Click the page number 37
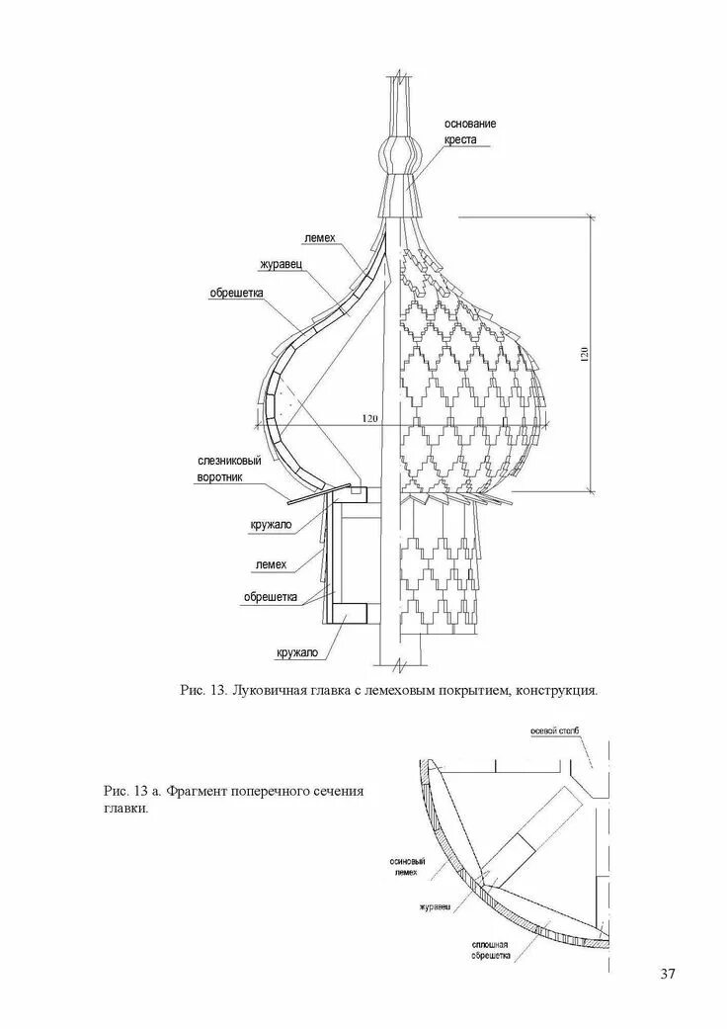tap(668, 975)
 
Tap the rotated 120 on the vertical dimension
tap(584, 353)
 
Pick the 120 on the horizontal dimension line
tap(369, 418)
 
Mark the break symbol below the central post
tap(398, 661)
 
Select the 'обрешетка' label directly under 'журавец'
tap(236, 292)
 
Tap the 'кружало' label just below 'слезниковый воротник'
tap(271, 525)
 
